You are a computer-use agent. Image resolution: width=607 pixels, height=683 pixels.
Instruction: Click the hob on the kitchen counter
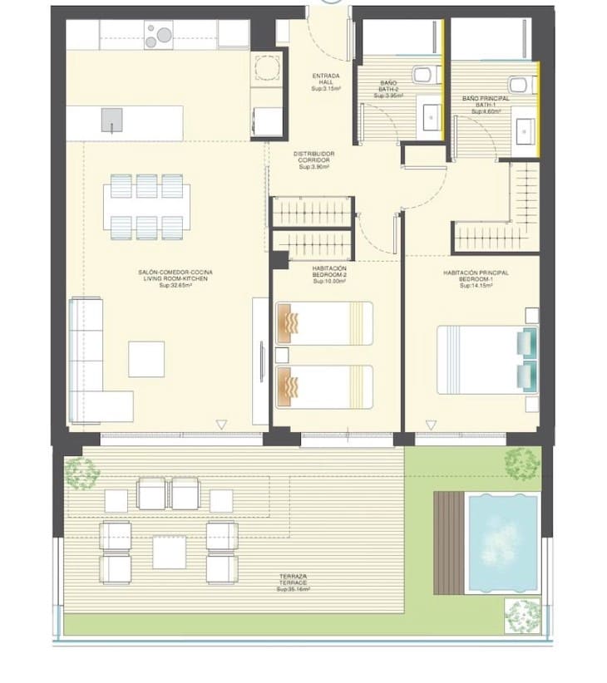[x=158, y=35]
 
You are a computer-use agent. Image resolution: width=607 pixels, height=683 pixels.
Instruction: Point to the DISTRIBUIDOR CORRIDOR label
[x=313, y=160]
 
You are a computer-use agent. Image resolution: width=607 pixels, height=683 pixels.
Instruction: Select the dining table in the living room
[x=147, y=205]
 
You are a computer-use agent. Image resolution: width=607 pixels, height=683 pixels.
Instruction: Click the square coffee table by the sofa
[x=146, y=359]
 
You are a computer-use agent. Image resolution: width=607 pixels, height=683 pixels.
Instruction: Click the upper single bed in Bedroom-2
[x=323, y=322]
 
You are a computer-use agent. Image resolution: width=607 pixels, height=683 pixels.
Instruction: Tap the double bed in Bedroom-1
[x=486, y=359]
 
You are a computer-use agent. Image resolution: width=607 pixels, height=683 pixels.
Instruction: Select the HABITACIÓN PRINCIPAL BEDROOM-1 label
[x=476, y=277]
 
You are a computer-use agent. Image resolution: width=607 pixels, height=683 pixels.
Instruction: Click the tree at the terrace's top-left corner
[x=81, y=472]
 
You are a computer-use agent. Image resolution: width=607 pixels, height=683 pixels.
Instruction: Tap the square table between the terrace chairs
[x=170, y=553]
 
